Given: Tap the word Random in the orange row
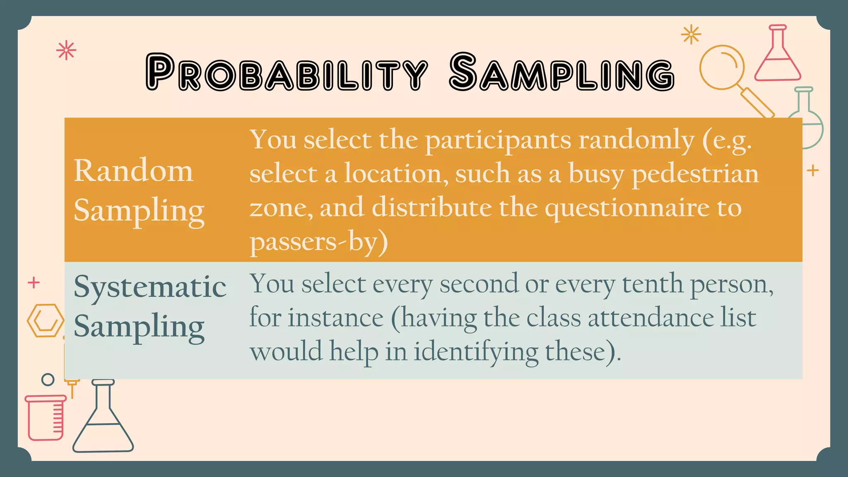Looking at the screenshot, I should pos(133,171).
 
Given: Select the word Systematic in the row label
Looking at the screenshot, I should pos(150,287).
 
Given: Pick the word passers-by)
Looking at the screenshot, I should pos(318,242).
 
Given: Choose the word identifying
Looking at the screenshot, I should pos(476,352).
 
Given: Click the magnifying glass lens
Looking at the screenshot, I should pos(722,67).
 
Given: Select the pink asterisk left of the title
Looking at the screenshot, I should pos(66,51).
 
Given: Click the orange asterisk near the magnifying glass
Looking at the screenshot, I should pos(691,34).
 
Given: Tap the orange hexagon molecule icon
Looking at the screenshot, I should pos(45,320).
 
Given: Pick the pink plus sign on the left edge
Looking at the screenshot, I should pos(34,283).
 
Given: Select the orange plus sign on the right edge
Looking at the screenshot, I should pos(813,170).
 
